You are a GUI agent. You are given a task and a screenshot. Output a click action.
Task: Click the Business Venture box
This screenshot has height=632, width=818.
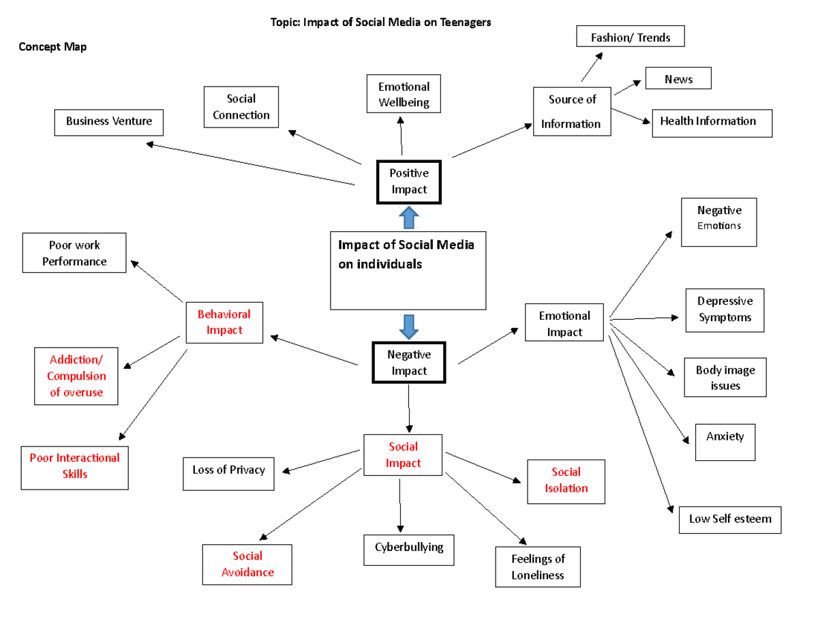[108, 121]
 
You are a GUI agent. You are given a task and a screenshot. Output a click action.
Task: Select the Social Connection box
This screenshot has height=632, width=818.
[241, 107]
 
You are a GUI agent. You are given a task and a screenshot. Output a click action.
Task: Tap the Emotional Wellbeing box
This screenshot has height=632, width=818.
[404, 95]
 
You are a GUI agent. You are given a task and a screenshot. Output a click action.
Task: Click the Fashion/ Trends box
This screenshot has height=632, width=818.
[630, 37]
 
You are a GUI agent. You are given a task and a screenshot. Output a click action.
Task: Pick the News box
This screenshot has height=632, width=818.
[678, 79]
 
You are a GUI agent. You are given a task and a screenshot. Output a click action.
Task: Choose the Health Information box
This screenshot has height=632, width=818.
[712, 122]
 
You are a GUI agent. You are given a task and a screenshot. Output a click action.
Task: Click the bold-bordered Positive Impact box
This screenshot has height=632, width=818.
[409, 182]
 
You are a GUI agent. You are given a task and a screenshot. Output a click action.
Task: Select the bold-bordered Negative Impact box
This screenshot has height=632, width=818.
[409, 363]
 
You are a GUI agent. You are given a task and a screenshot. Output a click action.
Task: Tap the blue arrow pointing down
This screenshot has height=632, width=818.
[409, 327]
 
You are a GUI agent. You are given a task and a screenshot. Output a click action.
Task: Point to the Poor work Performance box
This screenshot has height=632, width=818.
[74, 253]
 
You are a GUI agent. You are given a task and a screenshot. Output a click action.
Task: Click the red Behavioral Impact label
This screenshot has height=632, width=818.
[224, 322]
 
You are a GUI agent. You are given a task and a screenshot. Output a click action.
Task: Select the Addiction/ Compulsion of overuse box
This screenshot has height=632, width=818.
[76, 376]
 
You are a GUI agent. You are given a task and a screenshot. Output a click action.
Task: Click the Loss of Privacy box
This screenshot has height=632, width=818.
[228, 470]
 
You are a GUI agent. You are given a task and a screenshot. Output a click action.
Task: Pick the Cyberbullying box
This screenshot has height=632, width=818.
[408, 547]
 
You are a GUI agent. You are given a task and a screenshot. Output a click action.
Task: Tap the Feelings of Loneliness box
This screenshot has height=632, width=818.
[538, 567]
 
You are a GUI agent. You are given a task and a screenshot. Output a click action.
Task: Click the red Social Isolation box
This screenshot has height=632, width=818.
[566, 481]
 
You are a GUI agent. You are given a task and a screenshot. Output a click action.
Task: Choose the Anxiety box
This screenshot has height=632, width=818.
[725, 441]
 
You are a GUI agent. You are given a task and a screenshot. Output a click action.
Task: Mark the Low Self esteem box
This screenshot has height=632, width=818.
[729, 520]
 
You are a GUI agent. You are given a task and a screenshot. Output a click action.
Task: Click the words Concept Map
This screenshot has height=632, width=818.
[52, 47]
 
